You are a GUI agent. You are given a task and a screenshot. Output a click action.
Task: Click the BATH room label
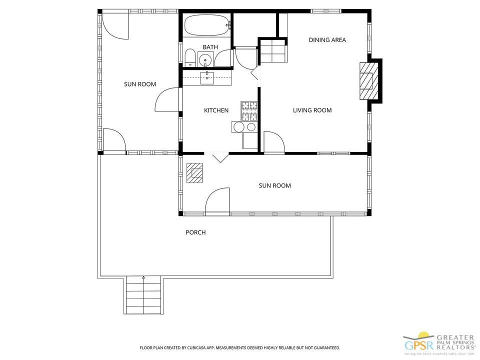point(210,47)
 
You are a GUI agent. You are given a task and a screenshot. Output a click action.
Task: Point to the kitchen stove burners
point(249,111)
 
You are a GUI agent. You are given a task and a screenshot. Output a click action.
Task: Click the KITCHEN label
point(216,110)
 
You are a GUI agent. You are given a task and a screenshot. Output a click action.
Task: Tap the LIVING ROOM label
point(312,110)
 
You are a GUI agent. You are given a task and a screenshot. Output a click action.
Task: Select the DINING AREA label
point(327,40)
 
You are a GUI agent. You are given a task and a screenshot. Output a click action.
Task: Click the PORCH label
point(195,232)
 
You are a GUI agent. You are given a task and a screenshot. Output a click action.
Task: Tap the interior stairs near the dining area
point(272,50)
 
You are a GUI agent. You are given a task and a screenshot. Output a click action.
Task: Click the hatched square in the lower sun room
point(194,173)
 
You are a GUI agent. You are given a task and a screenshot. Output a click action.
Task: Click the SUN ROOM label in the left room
point(140,84)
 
